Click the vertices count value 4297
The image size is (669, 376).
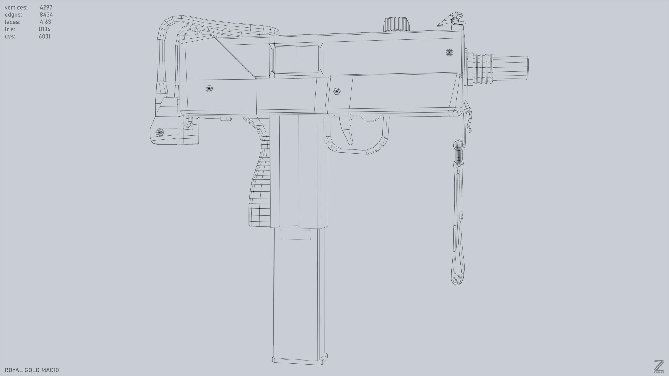pos(46,7)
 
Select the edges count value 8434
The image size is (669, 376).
pos(46,15)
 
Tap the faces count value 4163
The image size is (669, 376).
pos(46,22)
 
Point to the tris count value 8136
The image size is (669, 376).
pos(45,29)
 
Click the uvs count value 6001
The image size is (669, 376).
pos(45,37)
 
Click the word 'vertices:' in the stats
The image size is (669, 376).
pos(16,7)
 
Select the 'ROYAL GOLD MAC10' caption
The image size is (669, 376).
pos(32,370)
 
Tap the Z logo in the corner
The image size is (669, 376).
pos(659,366)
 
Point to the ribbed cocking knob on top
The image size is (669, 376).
pos(396,24)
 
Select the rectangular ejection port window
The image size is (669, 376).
pos(296,59)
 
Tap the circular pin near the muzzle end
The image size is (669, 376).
pos(449,53)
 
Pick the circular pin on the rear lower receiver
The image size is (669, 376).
pos(209,89)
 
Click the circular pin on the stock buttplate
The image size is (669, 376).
pos(159,133)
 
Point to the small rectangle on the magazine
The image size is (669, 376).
pos(295,235)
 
